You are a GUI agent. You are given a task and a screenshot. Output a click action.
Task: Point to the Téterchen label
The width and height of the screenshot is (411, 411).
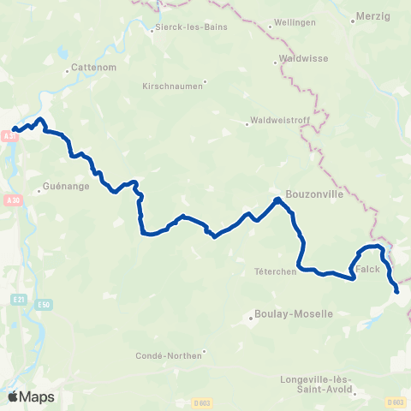click(276, 271)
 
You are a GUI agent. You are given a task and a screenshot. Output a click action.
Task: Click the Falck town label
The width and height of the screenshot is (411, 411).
click(367, 269)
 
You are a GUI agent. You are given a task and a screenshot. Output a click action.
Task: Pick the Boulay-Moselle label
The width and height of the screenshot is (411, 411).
click(294, 314)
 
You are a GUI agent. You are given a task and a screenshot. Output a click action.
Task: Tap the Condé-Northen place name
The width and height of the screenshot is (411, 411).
click(170, 354)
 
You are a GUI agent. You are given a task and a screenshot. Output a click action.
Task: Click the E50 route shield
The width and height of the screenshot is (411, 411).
click(44, 304)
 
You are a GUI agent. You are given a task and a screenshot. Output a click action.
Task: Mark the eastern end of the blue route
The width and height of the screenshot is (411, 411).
click(397, 292)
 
